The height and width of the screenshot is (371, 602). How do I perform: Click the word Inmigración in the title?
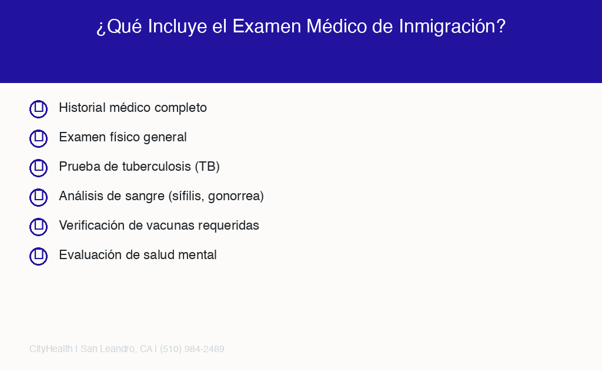point(452,26)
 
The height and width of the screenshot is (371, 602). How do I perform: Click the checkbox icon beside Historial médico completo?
point(38,109)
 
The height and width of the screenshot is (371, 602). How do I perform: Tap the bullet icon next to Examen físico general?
point(38,138)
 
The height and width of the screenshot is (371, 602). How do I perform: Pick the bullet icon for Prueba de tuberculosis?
point(38,168)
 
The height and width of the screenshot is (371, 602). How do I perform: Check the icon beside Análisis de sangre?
point(38,197)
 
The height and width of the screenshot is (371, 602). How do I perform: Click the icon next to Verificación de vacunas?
point(38,227)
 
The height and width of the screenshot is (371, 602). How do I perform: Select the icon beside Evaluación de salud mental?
point(38,256)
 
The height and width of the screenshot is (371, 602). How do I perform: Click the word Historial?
point(82,108)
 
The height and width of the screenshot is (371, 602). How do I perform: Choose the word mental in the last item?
point(199,255)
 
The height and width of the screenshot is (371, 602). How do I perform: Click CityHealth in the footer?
point(51,349)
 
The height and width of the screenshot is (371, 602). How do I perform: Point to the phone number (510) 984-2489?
point(192,349)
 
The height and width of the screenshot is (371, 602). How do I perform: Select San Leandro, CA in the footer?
point(116,349)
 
